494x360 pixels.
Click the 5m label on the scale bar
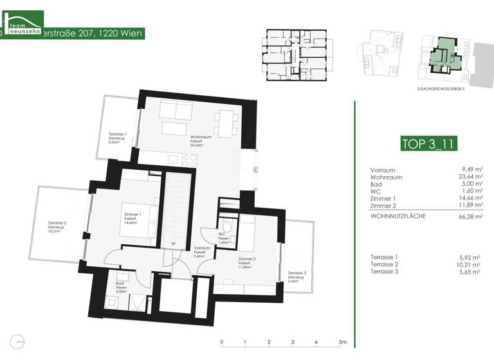pos(343,341)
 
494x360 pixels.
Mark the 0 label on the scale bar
pos(221,341)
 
